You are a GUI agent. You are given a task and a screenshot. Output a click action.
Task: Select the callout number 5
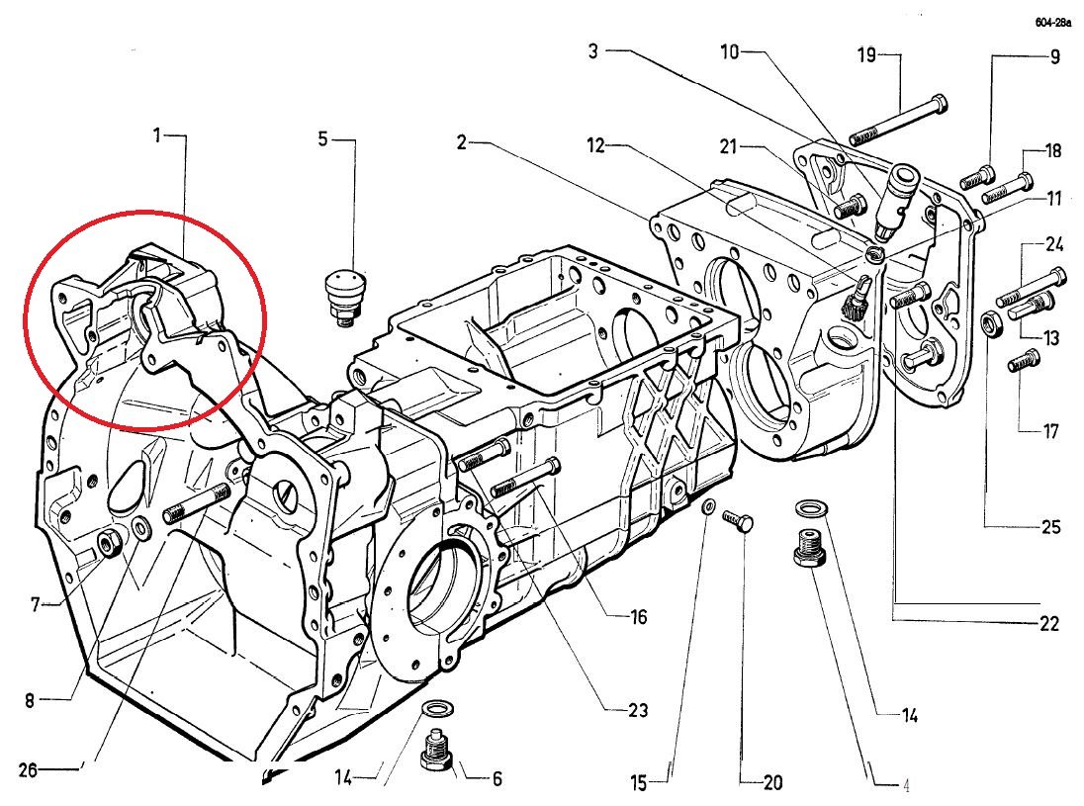click(x=322, y=138)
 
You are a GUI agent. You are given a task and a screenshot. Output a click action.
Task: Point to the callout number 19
click(x=866, y=54)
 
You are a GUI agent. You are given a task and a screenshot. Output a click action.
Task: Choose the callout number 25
click(x=1050, y=525)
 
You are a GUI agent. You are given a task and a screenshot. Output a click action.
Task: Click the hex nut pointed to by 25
click(x=989, y=322)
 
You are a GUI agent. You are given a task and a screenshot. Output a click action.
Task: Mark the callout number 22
click(x=1049, y=623)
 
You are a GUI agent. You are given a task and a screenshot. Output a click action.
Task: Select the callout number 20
click(x=772, y=782)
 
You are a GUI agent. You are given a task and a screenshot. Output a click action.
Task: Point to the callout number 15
click(x=639, y=783)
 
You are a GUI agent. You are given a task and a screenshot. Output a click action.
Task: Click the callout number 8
click(x=30, y=701)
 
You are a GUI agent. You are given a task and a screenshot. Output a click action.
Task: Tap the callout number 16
click(x=638, y=617)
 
